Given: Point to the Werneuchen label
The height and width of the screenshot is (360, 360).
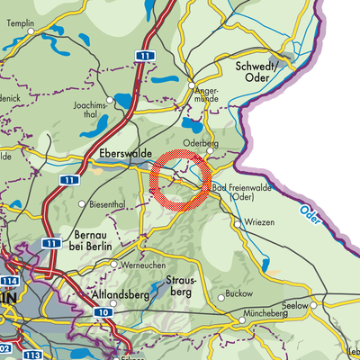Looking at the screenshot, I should (140, 267).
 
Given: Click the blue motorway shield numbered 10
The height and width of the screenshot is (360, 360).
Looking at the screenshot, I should (104, 312).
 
